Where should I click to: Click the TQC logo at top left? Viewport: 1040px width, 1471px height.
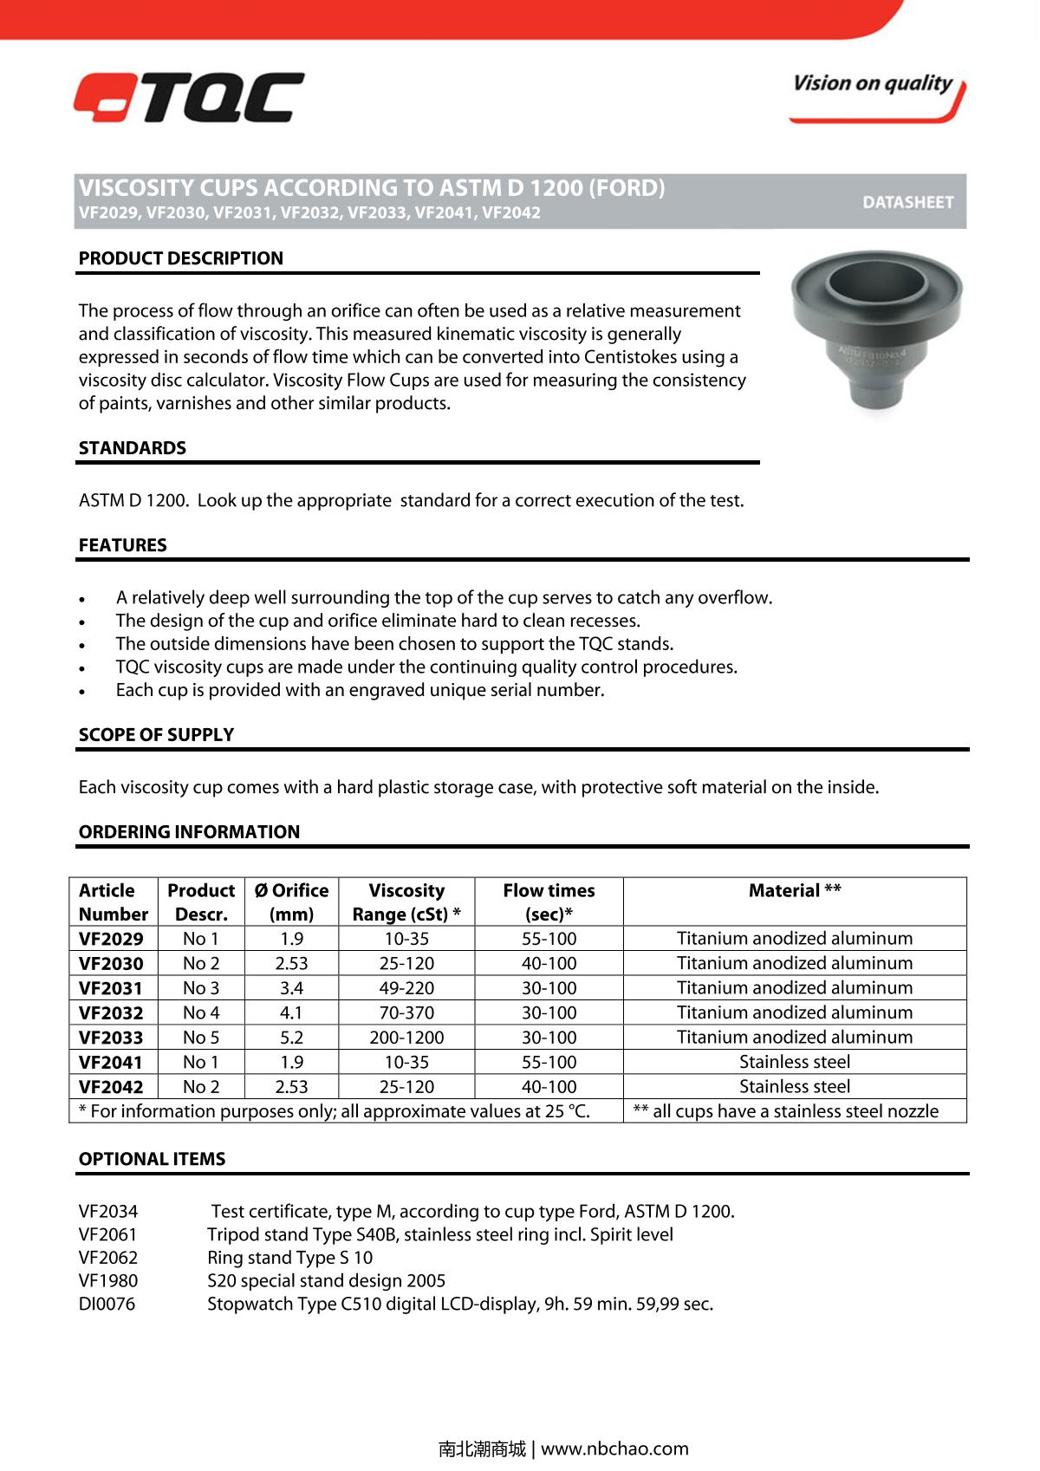click(188, 97)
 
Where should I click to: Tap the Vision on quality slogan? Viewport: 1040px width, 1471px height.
click(873, 84)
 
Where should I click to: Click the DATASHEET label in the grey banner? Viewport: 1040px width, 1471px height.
click(907, 202)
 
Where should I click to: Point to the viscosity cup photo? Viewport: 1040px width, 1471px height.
click(876, 330)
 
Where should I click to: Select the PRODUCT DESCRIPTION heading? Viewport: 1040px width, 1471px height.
click(181, 258)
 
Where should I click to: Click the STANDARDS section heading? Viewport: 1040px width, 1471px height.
click(133, 448)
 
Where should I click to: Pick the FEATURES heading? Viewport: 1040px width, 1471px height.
click(123, 545)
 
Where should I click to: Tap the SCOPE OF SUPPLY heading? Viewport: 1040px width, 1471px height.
click(157, 735)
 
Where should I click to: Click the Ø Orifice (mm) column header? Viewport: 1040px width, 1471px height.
click(291, 902)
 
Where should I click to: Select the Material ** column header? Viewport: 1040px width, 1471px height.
click(795, 891)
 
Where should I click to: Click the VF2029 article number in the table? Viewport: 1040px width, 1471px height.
click(111, 939)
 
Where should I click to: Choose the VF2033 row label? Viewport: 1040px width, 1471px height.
click(111, 1038)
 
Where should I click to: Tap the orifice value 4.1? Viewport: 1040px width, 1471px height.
click(291, 1012)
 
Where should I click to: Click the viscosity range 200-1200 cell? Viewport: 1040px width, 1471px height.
click(406, 1038)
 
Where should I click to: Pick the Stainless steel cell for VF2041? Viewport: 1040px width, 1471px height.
click(795, 1062)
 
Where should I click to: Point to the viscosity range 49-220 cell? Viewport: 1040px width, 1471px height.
click(406, 988)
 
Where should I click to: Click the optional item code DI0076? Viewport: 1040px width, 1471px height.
click(107, 1304)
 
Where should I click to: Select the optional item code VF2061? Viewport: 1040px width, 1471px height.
click(108, 1234)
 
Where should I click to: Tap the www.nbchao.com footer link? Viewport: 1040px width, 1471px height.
click(614, 1448)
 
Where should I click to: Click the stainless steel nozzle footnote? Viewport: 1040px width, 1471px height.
click(786, 1111)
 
